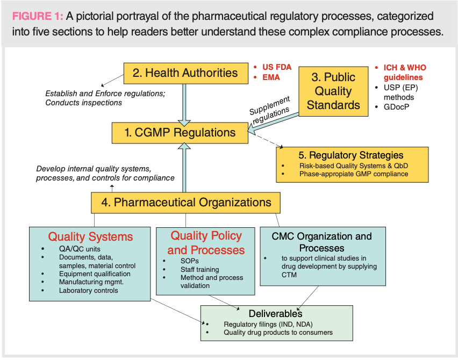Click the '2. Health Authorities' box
tap(185, 73)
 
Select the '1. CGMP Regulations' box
tap(180, 132)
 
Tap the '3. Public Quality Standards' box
tap(333, 91)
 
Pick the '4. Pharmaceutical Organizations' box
tap(185, 203)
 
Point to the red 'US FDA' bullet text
tap(276, 67)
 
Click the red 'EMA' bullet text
tap(271, 77)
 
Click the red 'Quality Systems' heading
tap(90, 236)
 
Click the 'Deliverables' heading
tap(275, 313)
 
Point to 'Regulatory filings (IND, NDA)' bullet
tap(268, 324)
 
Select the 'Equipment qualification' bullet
tap(95, 273)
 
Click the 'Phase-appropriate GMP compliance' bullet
tap(354, 174)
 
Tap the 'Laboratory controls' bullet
tap(89, 291)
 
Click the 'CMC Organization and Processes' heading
tap(321, 242)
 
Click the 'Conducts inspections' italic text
tap(83, 103)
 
